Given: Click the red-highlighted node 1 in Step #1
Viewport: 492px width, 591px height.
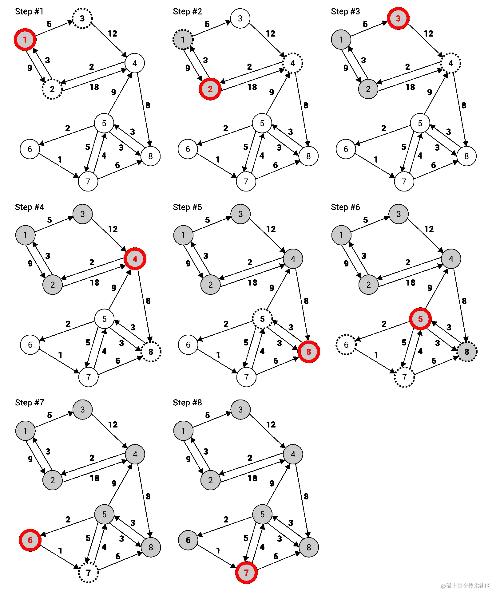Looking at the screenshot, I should tap(25, 40).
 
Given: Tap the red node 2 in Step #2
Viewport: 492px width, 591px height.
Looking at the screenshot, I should tap(210, 89).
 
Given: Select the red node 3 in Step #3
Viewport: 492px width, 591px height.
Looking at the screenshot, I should tap(398, 18).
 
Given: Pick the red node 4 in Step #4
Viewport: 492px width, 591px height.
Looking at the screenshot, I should tap(135, 259).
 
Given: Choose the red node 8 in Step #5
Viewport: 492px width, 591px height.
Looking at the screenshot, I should tap(309, 352).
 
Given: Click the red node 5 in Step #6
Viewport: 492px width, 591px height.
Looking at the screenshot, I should tap(420, 319).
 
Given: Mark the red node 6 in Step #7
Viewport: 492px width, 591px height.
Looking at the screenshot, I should tap(30, 540).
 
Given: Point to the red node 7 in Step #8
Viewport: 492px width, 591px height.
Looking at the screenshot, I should tap(246, 573).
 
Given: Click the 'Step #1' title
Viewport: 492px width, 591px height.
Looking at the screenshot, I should tap(29, 12).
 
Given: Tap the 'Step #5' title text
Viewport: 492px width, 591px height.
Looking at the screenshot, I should tap(187, 207).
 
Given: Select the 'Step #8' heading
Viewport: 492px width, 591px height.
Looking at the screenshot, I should tap(187, 403).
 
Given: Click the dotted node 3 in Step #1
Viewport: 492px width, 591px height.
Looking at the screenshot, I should tap(82, 18).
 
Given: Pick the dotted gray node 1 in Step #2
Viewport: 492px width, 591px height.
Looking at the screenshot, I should tap(183, 40).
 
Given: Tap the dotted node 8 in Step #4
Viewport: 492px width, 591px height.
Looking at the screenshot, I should tap(151, 352).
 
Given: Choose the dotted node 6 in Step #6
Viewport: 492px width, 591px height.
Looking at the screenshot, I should tap(346, 345).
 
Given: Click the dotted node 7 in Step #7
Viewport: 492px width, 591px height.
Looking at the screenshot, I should tap(89, 573).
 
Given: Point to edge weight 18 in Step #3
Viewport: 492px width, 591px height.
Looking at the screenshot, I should tap(410, 87).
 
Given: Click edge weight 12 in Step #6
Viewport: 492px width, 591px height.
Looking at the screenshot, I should tap(429, 229).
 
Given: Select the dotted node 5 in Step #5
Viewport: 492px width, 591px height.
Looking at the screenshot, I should tap(262, 319).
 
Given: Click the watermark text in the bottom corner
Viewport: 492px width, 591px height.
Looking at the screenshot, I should tap(465, 585).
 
